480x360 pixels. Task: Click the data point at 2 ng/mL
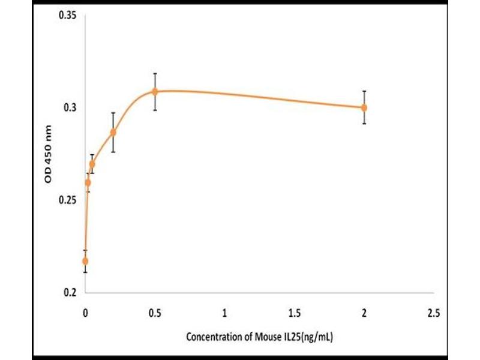(x=364, y=107)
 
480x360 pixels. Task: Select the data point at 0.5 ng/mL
(x=155, y=91)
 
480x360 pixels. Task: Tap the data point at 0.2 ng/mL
(x=113, y=132)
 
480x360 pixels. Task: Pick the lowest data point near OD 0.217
(x=85, y=261)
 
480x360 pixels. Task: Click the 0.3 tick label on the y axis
(x=71, y=107)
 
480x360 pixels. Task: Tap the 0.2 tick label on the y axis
(x=71, y=292)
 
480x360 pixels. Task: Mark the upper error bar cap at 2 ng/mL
(x=364, y=91)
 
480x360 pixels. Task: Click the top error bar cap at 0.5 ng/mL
(x=155, y=73)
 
